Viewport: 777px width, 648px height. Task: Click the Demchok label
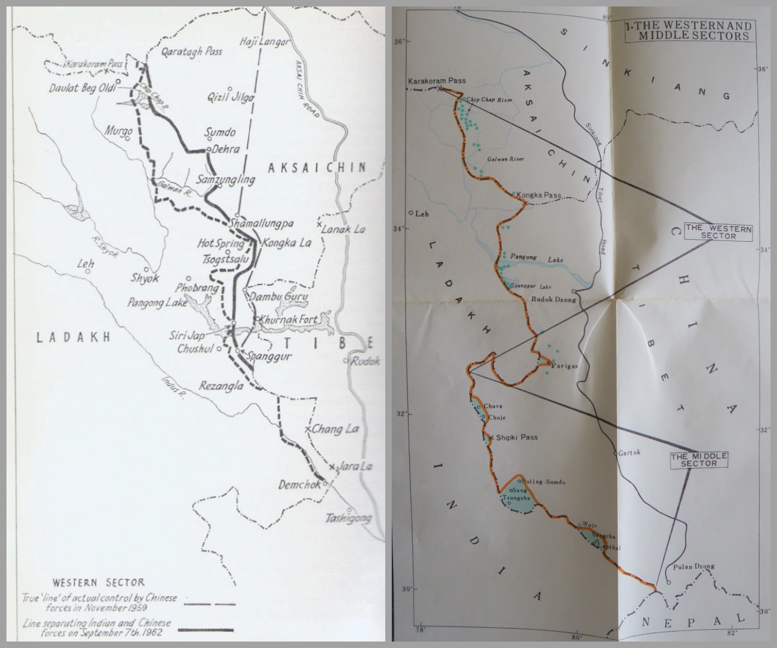300,484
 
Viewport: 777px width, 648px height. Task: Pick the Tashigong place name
349,518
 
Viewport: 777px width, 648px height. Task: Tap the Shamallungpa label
262,224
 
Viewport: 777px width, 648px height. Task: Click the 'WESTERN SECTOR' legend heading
98,582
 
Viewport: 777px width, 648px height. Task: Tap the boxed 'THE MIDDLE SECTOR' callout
699,460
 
